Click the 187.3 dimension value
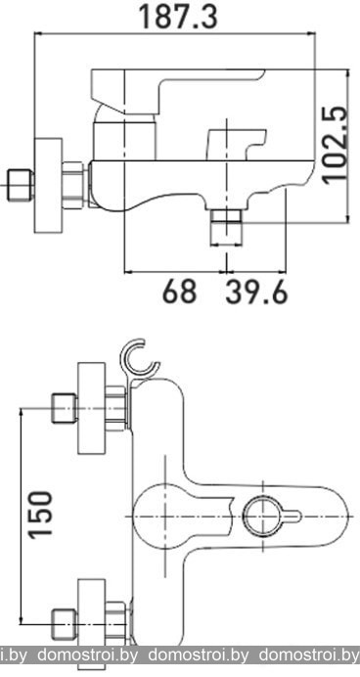pyautogui.click(x=177, y=16)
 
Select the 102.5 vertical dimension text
pyautogui.click(x=336, y=145)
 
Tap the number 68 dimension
pyautogui.click(x=179, y=292)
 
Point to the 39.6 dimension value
pyautogui.click(x=256, y=292)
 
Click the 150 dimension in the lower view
pyautogui.click(x=40, y=515)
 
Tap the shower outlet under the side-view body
pyautogui.click(x=226, y=226)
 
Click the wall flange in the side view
pyautogui.click(x=48, y=186)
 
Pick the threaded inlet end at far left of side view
pyautogui.click(x=21, y=185)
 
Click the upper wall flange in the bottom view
pyautogui.click(x=92, y=408)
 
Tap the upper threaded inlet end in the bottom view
pyautogui.click(x=65, y=408)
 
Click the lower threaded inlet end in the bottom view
pyautogui.click(x=65, y=623)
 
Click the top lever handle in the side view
pyautogui.click(x=177, y=92)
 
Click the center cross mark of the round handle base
pyautogui.click(x=165, y=516)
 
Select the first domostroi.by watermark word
pyautogui.click(x=88, y=654)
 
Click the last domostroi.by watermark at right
pyautogui.click(x=309, y=654)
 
